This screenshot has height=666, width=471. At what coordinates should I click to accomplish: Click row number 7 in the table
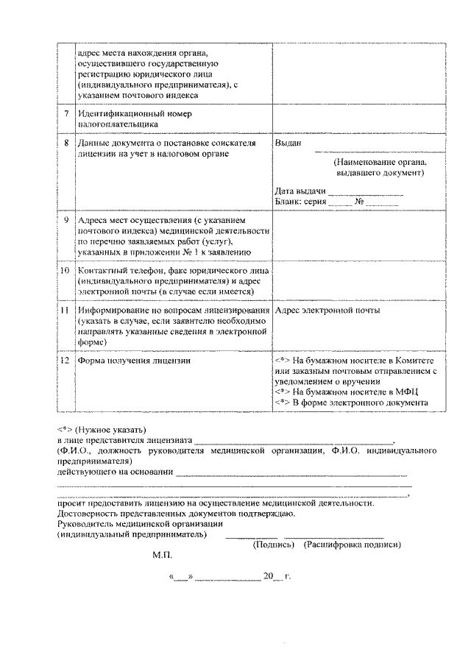67,114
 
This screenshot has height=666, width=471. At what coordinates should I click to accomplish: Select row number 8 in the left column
67,143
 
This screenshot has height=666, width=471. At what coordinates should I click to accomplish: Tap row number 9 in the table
67,220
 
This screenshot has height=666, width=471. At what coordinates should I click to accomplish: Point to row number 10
66,270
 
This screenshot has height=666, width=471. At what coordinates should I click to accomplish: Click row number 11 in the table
66,311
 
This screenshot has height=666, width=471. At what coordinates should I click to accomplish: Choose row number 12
66,361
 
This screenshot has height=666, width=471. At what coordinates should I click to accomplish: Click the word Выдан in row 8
287,143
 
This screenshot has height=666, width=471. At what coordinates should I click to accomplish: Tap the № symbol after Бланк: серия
360,201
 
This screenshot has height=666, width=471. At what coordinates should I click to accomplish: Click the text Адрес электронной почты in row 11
327,311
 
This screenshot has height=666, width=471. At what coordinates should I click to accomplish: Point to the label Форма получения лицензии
134,361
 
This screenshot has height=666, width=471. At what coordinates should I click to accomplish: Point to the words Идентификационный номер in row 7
133,114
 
